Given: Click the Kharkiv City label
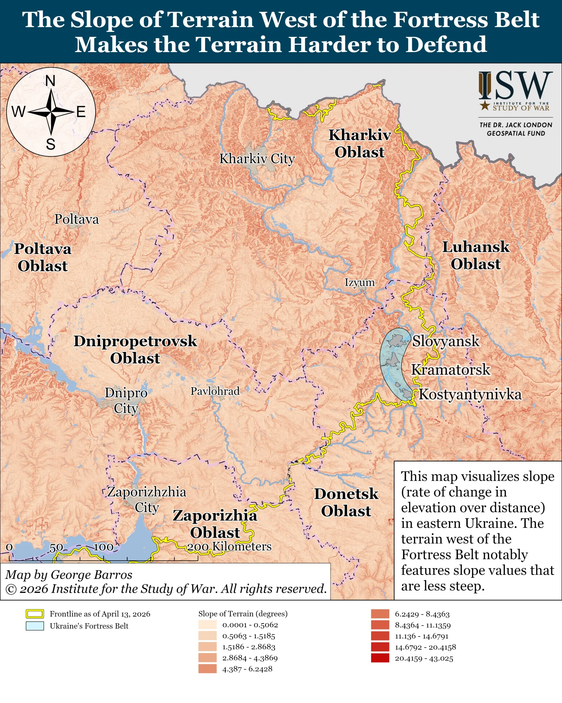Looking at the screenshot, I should [x=257, y=159].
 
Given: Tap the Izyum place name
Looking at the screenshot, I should [x=360, y=282].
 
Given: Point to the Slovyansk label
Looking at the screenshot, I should [x=446, y=341].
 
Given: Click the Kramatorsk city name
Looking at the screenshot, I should [x=451, y=369].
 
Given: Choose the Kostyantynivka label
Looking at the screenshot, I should [x=470, y=394].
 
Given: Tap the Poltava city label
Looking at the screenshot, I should [x=76, y=219].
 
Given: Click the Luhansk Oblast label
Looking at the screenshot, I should [x=475, y=255].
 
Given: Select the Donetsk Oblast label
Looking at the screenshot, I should [x=346, y=503].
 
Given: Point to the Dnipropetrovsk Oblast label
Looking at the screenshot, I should [x=135, y=350].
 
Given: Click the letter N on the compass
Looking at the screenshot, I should [x=50, y=81].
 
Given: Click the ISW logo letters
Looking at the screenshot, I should [x=516, y=85].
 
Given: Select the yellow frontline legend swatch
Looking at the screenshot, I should [x=35, y=614].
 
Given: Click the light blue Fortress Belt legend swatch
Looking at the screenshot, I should [x=35, y=626].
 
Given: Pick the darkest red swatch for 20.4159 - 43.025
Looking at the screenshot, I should [x=380, y=658].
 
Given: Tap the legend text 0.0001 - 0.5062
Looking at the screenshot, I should [x=250, y=625].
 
